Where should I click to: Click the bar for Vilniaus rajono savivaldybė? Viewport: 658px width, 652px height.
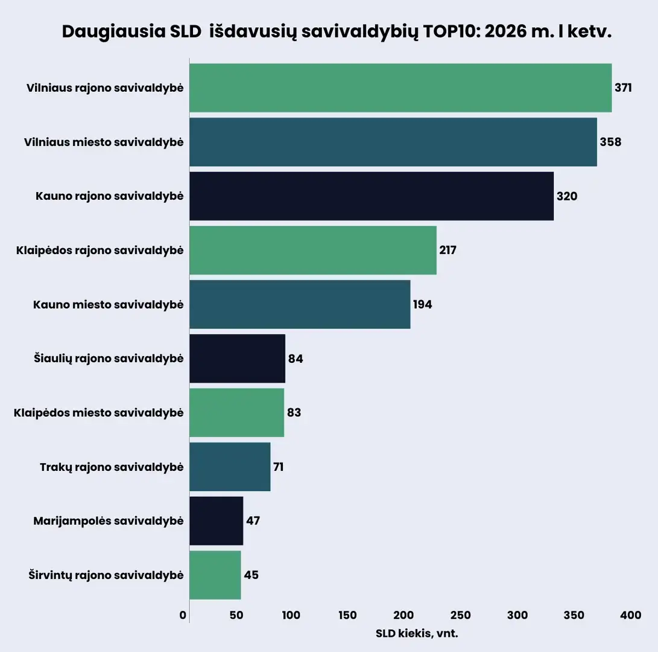(400, 88)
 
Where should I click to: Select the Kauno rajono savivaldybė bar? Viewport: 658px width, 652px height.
(372, 196)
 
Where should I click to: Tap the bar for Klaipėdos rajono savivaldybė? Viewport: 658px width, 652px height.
(313, 250)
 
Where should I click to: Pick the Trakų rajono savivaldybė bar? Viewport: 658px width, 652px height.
(230, 467)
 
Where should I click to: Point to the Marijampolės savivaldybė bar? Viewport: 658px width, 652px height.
(217, 521)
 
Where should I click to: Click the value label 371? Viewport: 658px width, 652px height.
(623, 88)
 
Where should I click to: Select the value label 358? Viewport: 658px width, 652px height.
(610, 142)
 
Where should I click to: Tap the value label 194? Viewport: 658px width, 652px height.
(422, 305)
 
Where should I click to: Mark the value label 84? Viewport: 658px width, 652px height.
(296, 359)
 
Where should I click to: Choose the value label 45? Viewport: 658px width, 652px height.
(251, 575)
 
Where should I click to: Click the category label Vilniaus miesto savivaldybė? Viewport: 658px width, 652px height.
(104, 142)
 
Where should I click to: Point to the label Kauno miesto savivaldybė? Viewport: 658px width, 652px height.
(108, 305)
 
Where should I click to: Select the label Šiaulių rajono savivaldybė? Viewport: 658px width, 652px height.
(109, 359)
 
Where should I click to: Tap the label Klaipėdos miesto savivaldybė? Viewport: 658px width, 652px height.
(98, 413)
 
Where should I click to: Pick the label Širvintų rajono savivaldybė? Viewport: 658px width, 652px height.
(106, 575)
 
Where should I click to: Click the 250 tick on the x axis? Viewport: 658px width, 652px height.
(460, 615)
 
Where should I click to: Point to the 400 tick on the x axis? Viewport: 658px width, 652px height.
(630, 615)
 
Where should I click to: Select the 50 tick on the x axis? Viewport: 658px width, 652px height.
(236, 615)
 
